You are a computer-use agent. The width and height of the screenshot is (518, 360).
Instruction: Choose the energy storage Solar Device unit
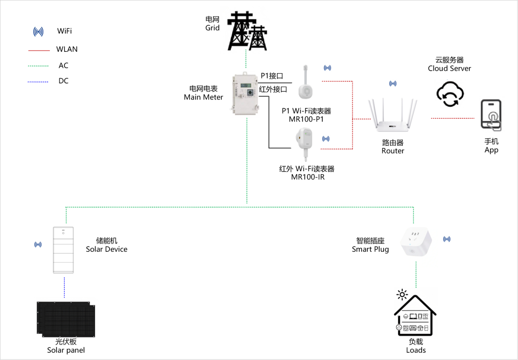[63, 250]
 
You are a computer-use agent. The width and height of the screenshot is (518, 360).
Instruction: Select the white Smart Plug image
[415, 242]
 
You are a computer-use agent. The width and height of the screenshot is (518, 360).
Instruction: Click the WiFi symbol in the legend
[38, 31]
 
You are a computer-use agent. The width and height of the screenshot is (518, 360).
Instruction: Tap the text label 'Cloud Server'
[449, 69]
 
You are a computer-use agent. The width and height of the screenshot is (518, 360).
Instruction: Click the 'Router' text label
[393, 151]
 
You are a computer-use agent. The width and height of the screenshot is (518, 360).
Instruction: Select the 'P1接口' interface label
[272, 76]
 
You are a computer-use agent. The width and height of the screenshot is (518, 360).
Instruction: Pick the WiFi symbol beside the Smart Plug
[447, 239]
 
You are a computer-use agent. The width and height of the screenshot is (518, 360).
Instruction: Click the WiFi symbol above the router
[393, 84]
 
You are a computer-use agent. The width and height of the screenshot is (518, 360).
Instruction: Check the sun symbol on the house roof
[403, 294]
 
